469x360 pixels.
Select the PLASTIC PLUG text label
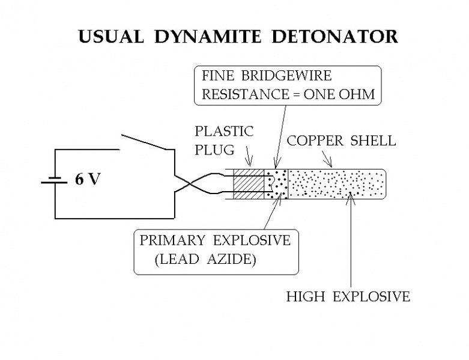point(224,139)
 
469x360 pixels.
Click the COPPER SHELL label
point(341,141)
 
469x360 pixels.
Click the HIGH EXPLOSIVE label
point(348,296)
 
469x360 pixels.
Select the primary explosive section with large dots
point(277,185)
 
